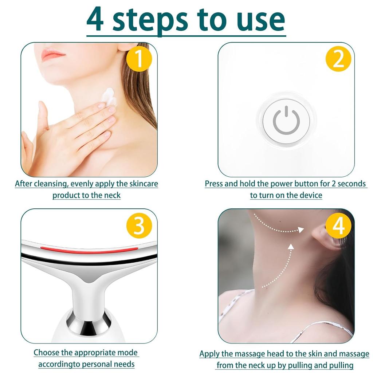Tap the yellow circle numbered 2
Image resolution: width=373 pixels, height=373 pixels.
338,59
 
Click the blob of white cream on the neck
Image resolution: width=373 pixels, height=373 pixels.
109,96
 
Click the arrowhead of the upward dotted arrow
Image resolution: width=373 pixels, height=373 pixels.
291,247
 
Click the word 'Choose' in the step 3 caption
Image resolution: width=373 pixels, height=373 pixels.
46,353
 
